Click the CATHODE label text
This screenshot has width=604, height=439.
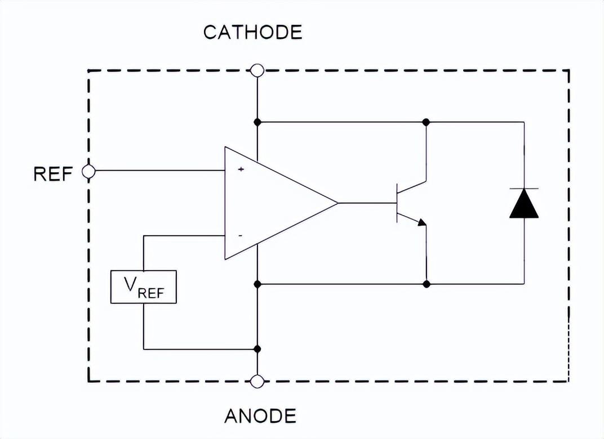pyautogui.click(x=252, y=32)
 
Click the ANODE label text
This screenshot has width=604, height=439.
pyautogui.click(x=260, y=416)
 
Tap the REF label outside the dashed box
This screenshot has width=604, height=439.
pyautogui.click(x=53, y=174)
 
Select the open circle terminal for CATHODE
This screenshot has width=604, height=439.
pyautogui.click(x=257, y=70)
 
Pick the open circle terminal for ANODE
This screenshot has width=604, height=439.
pyautogui.click(x=257, y=382)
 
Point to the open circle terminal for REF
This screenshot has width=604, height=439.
pyautogui.click(x=88, y=171)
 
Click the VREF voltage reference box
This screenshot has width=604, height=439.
pyautogui.click(x=143, y=287)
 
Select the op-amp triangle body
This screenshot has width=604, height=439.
pyautogui.click(x=270, y=203)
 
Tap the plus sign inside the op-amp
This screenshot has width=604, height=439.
pyautogui.click(x=241, y=169)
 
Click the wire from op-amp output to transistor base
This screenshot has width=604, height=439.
pyautogui.click(x=366, y=203)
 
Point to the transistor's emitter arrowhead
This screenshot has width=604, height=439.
pyautogui.click(x=421, y=222)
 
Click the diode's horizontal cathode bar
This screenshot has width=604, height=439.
pyautogui.click(x=524, y=189)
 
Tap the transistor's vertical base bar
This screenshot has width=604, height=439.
pyautogui.click(x=397, y=203)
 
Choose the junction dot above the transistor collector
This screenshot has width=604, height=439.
pyautogui.click(x=426, y=122)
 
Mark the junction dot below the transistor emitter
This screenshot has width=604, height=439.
pyautogui.click(x=427, y=284)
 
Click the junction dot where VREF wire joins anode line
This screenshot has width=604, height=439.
pyautogui.click(x=257, y=349)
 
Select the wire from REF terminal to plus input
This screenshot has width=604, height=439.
pyautogui.click(x=158, y=171)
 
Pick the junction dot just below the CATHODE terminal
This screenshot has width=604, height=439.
pyautogui.click(x=257, y=122)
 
